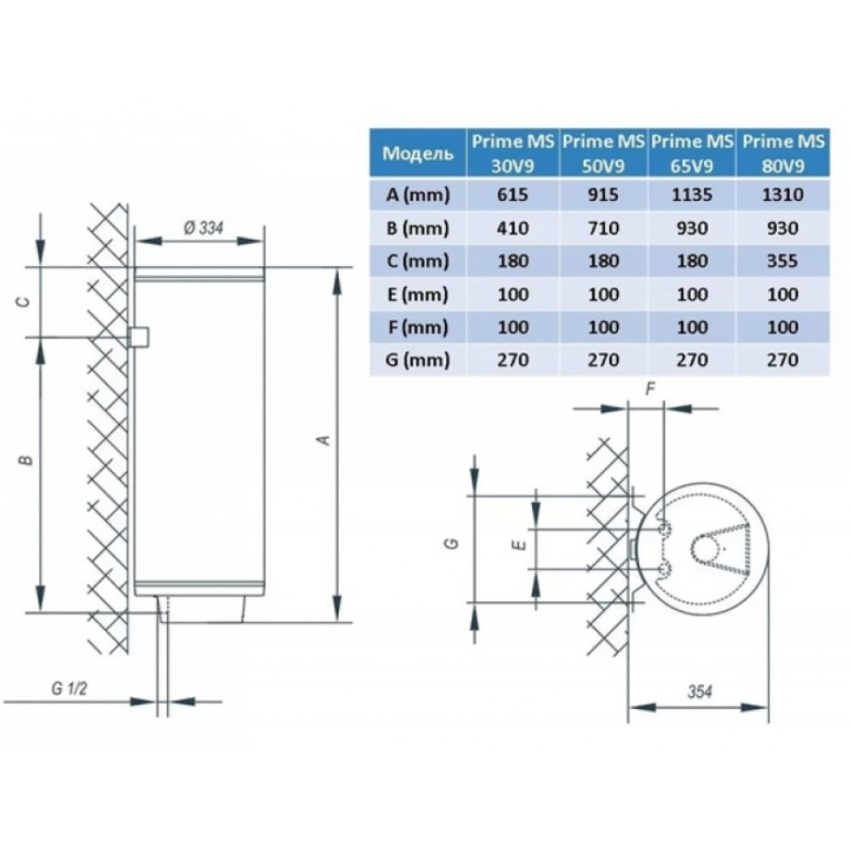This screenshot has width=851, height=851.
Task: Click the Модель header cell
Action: (x=417, y=153)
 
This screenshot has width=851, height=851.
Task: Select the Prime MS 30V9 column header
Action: (x=512, y=153)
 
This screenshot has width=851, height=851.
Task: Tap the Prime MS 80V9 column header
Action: (x=783, y=153)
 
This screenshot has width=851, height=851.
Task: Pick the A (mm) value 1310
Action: (x=782, y=194)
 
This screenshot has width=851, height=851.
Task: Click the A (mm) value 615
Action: (x=512, y=194)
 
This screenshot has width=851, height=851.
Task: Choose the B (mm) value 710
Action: (x=603, y=228)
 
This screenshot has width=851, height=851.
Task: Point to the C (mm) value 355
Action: (x=782, y=261)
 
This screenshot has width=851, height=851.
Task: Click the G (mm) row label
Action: (x=417, y=360)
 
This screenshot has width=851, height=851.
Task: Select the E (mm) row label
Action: (x=417, y=294)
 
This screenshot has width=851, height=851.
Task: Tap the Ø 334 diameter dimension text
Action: (x=203, y=228)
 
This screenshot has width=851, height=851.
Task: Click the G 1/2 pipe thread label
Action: (x=69, y=689)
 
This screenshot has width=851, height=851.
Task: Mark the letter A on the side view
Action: (x=324, y=440)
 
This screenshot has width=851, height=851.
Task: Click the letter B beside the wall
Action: (x=26, y=460)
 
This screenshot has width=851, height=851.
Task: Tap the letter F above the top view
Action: (x=651, y=389)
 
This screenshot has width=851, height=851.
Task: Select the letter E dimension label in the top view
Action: (x=520, y=545)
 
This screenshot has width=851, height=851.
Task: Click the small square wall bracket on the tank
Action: (x=139, y=337)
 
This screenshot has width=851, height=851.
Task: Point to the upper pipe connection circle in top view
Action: (x=663, y=529)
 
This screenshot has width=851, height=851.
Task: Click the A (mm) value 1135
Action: (x=692, y=194)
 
